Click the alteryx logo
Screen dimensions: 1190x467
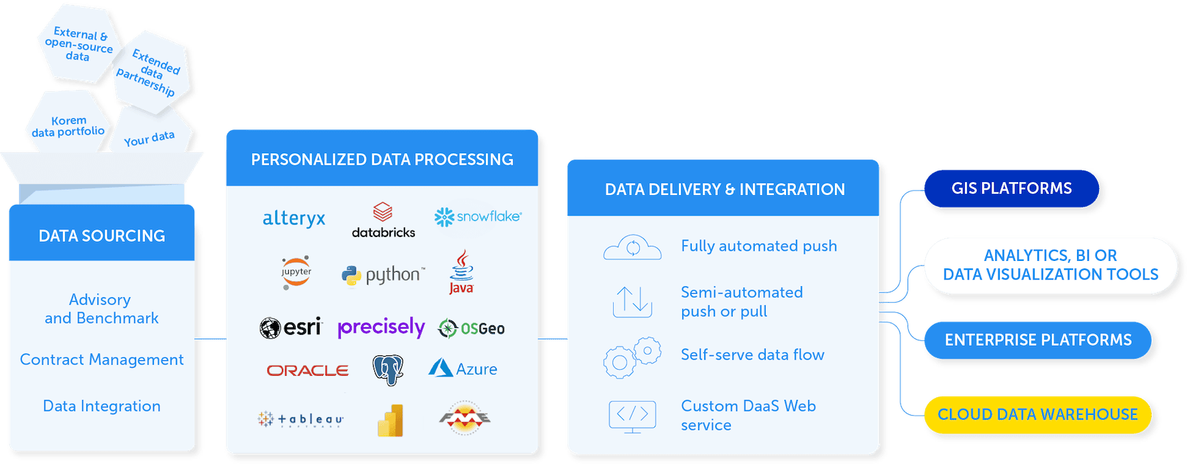pos(294,218)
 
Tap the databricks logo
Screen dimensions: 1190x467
pos(383,220)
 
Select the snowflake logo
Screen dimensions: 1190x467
pos(478,217)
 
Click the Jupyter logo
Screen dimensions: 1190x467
pos(296,273)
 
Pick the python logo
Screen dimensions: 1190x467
pos(383,275)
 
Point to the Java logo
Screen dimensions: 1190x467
pos(462,273)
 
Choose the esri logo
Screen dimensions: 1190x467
pos(291,327)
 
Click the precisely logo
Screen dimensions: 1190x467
pos(381,328)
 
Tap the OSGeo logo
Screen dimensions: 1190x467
pos(471,329)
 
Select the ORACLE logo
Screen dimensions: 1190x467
pos(308,370)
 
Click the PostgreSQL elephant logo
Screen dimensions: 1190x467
pos(388,370)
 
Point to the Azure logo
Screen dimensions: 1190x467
pos(463,368)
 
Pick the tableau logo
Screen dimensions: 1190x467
pos(300,419)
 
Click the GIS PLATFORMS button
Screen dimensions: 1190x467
pos(1011,188)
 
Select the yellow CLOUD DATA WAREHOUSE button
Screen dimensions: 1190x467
pos(1037,414)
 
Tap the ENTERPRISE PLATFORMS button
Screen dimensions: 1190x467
pos(1037,340)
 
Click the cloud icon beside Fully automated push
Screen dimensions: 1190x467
pos(632,247)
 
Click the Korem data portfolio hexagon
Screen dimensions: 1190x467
pos(68,125)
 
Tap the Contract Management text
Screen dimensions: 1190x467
pos(102,359)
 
